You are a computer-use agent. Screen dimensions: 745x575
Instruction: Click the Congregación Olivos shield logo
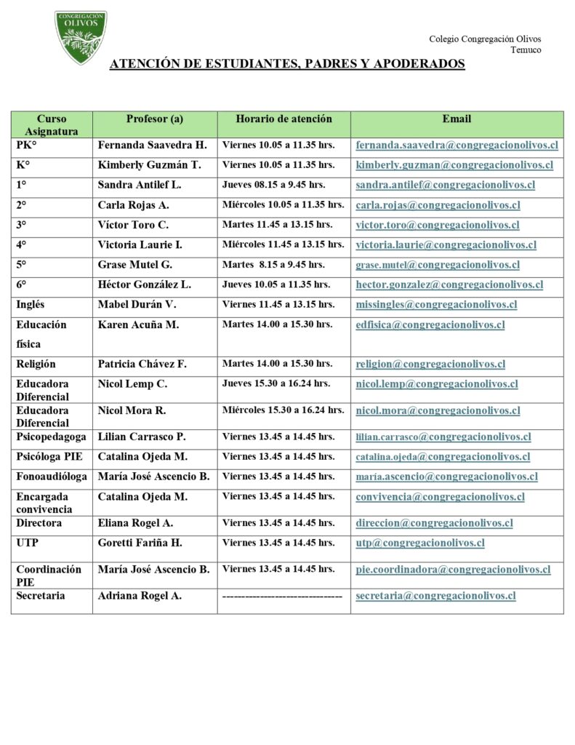pyautogui.click(x=81, y=36)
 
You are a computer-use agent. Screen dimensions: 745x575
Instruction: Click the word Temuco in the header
pyautogui.click(x=525, y=50)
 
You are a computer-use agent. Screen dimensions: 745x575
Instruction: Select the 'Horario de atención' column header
pyautogui.click(x=284, y=119)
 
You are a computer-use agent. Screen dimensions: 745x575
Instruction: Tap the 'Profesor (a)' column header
pyautogui.click(x=154, y=119)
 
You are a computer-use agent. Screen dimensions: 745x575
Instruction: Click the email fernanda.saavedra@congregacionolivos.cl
pyautogui.click(x=457, y=145)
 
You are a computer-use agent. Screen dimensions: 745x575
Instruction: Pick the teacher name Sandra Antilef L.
pyautogui.click(x=140, y=185)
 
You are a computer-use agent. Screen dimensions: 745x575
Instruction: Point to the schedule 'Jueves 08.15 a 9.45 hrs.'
pyautogui.click(x=273, y=185)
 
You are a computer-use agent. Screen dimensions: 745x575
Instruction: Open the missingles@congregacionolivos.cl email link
pyautogui.click(x=436, y=305)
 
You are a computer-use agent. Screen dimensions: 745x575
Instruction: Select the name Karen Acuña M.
pyautogui.click(x=138, y=324)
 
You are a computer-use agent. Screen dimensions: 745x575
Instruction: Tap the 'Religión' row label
pyautogui.click(x=36, y=364)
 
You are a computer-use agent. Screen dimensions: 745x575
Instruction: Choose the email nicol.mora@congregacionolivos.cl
pyautogui.click(x=438, y=410)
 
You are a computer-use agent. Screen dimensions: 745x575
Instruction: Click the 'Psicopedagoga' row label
pyautogui.click(x=51, y=437)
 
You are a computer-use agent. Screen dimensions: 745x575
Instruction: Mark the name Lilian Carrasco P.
pyautogui.click(x=142, y=437)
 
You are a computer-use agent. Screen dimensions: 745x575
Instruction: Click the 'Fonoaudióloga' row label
pyautogui.click(x=52, y=477)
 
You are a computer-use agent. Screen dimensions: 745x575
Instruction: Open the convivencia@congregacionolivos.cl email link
pyautogui.click(x=440, y=497)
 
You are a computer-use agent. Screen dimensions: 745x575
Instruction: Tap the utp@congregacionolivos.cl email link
pyautogui.click(x=420, y=543)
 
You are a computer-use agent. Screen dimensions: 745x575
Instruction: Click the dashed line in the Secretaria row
pyautogui.click(x=282, y=596)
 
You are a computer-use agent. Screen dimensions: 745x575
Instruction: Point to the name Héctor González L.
pyautogui.click(x=145, y=284)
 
